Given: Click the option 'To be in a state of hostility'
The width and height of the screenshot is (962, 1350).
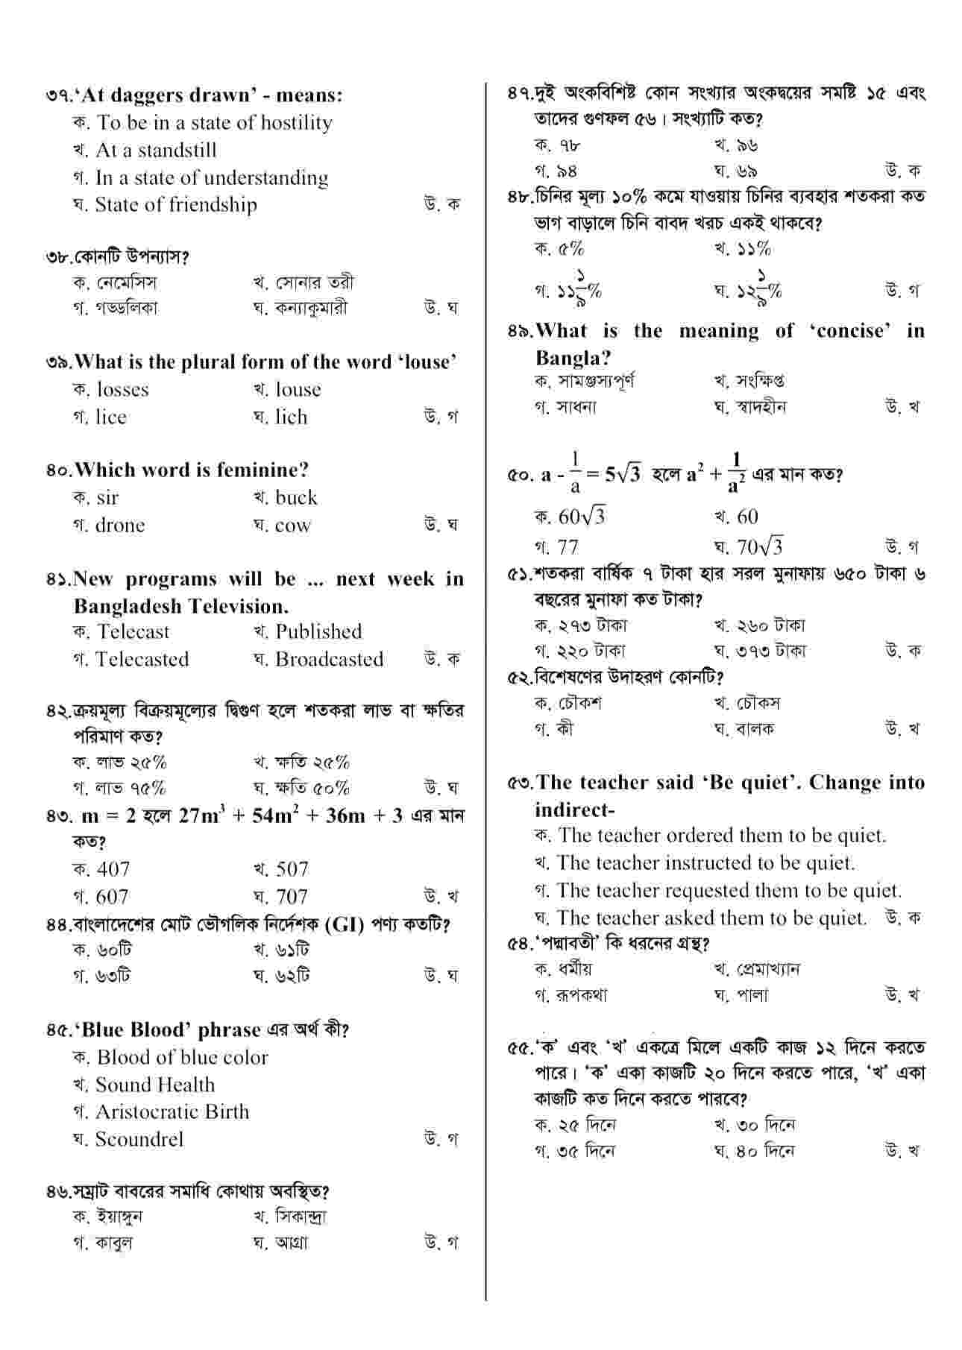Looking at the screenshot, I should point(214,123).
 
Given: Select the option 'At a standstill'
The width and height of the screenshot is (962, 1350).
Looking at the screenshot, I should point(156,151).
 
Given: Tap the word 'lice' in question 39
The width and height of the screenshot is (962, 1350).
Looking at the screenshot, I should point(110,417).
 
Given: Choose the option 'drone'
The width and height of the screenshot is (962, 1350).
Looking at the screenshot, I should point(119,526).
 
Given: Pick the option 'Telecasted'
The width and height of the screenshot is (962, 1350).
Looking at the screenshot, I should point(142,660).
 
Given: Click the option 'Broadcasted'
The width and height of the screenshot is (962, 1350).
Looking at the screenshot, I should point(329,660).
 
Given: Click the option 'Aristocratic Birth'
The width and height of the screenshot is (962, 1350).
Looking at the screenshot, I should point(172,1112).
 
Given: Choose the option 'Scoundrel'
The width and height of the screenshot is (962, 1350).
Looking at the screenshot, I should point(139,1140).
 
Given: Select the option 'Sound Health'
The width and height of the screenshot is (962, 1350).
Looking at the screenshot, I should point(155,1085).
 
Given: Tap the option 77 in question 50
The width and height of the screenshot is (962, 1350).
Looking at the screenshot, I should point(568,548).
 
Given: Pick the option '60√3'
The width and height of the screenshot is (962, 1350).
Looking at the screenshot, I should point(582,517).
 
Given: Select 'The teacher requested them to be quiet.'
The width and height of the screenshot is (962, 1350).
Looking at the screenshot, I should point(729,891).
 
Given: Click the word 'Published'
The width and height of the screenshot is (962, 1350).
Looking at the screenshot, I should point(318,632).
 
